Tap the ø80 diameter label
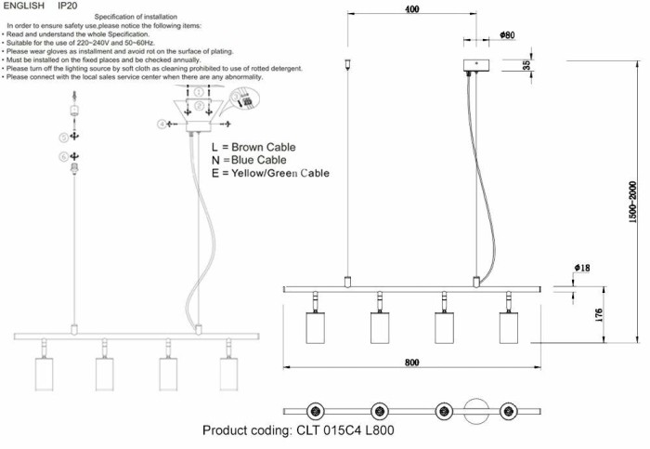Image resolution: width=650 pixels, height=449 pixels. pos(506,35)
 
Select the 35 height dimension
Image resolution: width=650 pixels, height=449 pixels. pos(526,65)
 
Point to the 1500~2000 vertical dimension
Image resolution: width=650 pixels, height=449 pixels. pos(632,213)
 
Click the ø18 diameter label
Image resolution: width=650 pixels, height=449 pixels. pos(582,268)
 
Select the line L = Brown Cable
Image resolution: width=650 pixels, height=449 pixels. pos(253,147)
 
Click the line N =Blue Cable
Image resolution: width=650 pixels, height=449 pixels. pos(249,160)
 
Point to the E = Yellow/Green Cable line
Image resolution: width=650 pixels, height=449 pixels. pos(270,173)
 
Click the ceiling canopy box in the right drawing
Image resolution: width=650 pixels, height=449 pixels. pos(477,67)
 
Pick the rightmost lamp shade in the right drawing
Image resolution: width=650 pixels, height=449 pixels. pos(509,328)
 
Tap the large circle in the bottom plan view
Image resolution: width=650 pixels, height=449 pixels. pos(475,410)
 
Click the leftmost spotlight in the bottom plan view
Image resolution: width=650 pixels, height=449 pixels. pos(315,410)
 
